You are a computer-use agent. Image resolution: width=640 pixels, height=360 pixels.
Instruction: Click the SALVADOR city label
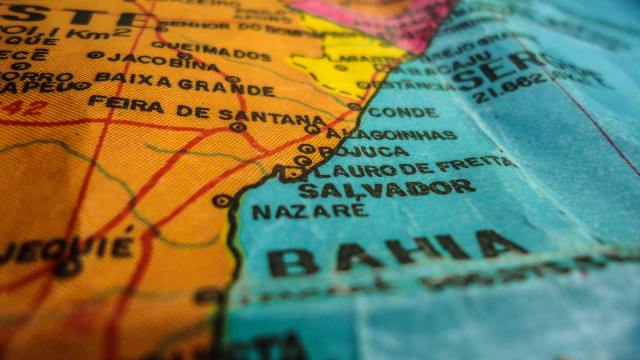click(x=386, y=189)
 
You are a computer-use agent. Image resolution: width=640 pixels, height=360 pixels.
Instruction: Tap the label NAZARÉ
click(x=309, y=211)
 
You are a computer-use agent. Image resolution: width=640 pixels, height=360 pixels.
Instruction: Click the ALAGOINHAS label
click(x=390, y=135)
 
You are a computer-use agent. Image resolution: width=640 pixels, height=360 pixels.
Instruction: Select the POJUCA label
click(x=365, y=152)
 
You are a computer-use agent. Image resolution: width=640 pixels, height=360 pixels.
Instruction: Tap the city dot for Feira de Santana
click(x=237, y=127)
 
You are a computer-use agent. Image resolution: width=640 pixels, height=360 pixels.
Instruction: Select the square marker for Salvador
click(x=291, y=172)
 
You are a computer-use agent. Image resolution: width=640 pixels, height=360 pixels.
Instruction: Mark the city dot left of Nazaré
click(x=221, y=201)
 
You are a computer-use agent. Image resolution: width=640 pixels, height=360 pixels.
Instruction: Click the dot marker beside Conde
click(x=355, y=105)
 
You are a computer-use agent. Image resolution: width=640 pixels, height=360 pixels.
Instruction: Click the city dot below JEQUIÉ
click(x=67, y=267)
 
